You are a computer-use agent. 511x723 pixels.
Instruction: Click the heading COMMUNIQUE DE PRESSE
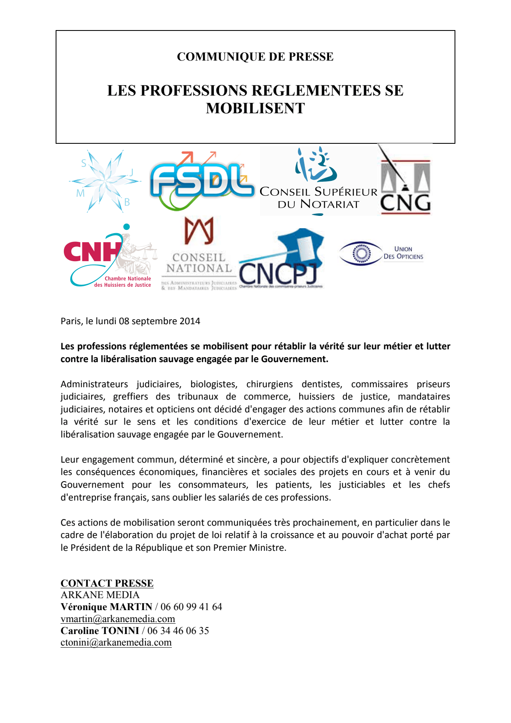tap(255, 56)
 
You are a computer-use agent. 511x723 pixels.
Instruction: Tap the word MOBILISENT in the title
tap(255, 108)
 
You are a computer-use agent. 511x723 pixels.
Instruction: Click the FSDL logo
tap(202, 181)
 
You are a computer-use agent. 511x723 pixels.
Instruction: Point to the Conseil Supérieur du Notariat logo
tap(318, 181)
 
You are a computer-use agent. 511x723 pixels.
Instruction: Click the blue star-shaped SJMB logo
tap(105, 181)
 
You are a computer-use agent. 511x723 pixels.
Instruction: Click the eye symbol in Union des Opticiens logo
tap(361, 253)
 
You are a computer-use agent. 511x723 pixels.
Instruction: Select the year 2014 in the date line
tap(190, 321)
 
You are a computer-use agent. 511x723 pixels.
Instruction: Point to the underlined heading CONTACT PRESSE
tap(107, 583)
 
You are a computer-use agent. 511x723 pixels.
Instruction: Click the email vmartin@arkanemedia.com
tap(117, 619)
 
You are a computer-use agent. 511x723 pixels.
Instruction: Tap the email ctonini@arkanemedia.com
tap(116, 643)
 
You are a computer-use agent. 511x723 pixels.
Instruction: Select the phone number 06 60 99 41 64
tap(191, 607)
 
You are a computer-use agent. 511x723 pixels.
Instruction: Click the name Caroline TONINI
tap(100, 631)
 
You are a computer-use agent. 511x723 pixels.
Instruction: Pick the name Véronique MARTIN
tap(106, 607)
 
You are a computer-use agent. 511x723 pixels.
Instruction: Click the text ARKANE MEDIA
tap(100, 595)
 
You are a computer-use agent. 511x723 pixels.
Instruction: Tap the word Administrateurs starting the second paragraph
tap(94, 384)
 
